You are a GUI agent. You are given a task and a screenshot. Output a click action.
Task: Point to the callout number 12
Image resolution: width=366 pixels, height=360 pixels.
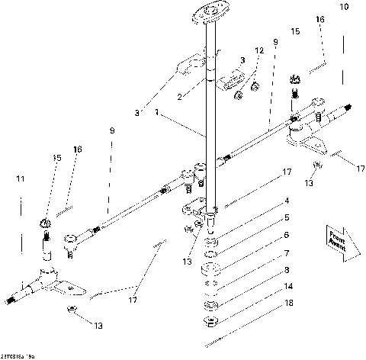(258, 50)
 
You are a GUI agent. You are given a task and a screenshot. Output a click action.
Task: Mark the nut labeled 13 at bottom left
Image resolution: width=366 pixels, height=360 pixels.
(69, 309)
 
